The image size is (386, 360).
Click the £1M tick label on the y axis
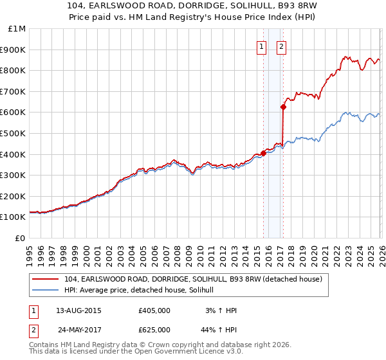(17, 29)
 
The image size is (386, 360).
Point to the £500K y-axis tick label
(15, 134)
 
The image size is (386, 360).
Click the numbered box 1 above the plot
(262, 46)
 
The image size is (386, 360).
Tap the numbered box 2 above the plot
(282, 46)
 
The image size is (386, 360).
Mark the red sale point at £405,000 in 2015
(263, 153)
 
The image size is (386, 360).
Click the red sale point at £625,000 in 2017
(283, 107)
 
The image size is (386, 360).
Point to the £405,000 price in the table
(154, 310)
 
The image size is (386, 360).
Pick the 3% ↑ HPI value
(222, 310)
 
